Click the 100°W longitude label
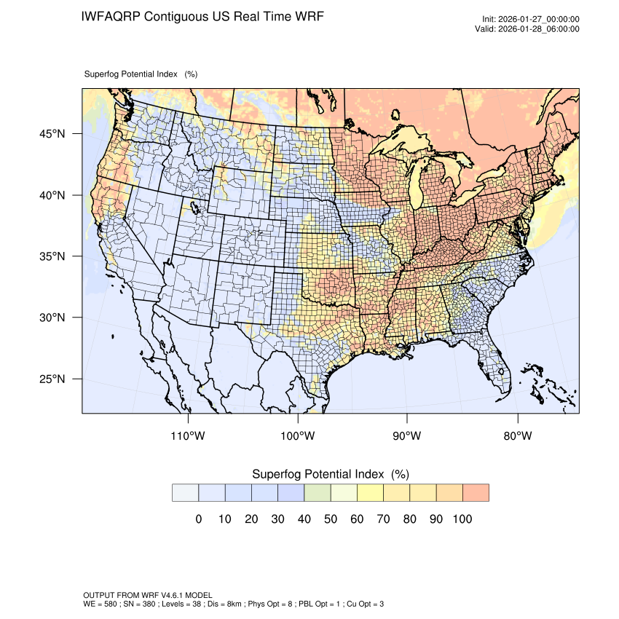coord(298,436)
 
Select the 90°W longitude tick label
coord(407,436)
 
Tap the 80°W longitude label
coord(517,436)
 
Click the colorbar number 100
coord(462,519)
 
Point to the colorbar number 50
coord(331,519)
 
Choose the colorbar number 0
coord(198,519)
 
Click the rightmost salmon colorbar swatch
coord(476,493)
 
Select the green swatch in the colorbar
coord(318,493)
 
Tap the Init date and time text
coord(531,20)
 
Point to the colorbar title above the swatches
coord(330,474)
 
